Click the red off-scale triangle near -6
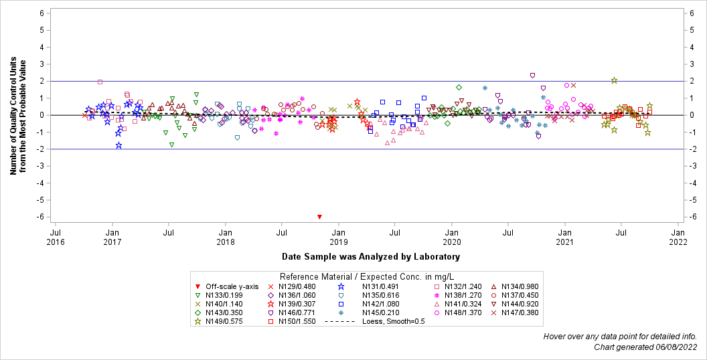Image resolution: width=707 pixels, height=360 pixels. coord(319,217)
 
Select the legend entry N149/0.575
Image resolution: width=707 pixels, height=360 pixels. coord(216,321)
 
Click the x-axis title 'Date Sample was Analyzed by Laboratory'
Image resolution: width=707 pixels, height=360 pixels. coord(371,256)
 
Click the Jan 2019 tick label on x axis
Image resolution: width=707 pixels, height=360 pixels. coord(339,236)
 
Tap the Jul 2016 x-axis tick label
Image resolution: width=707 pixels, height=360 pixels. coord(56,236)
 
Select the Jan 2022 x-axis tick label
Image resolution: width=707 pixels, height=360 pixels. coord(678,236)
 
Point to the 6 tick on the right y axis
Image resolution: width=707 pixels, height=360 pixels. coord(698,13)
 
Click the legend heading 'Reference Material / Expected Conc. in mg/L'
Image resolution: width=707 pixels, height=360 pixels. coord(367,276)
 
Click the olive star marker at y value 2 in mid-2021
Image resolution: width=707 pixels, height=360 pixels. coord(614,80)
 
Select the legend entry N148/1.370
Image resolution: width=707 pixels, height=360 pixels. coord(463,312)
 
